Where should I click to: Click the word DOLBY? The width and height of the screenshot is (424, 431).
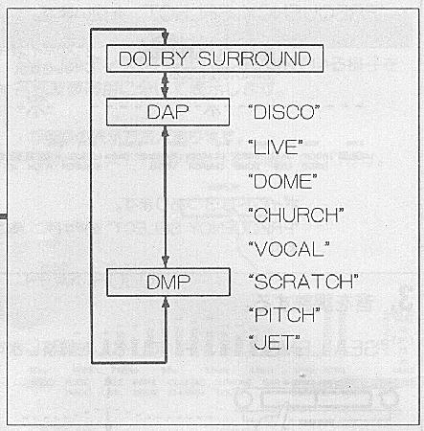(x=153, y=58)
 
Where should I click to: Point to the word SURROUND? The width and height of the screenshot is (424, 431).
(x=255, y=58)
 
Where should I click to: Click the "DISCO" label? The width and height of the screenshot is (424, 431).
(x=284, y=112)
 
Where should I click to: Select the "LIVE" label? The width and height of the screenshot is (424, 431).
(x=276, y=147)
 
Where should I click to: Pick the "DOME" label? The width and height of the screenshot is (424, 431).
(x=283, y=181)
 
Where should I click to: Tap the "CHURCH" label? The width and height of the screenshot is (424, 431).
(x=297, y=215)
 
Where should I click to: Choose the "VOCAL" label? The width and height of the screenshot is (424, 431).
(x=289, y=249)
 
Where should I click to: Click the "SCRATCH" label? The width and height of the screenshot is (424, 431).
(x=303, y=282)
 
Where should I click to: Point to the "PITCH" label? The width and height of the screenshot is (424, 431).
(x=284, y=315)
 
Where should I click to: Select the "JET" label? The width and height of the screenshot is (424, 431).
(x=275, y=342)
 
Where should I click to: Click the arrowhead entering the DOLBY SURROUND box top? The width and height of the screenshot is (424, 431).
(x=165, y=38)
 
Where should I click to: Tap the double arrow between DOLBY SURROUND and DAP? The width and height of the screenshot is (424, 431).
(x=165, y=85)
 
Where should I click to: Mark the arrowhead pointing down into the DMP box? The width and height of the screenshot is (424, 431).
(x=166, y=261)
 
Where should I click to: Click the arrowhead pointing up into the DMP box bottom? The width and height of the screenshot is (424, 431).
(x=166, y=303)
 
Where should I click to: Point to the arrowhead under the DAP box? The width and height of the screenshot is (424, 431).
(x=165, y=132)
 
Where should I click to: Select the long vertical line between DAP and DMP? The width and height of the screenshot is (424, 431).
(x=165, y=197)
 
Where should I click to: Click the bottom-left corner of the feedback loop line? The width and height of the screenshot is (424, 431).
(x=92, y=363)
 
